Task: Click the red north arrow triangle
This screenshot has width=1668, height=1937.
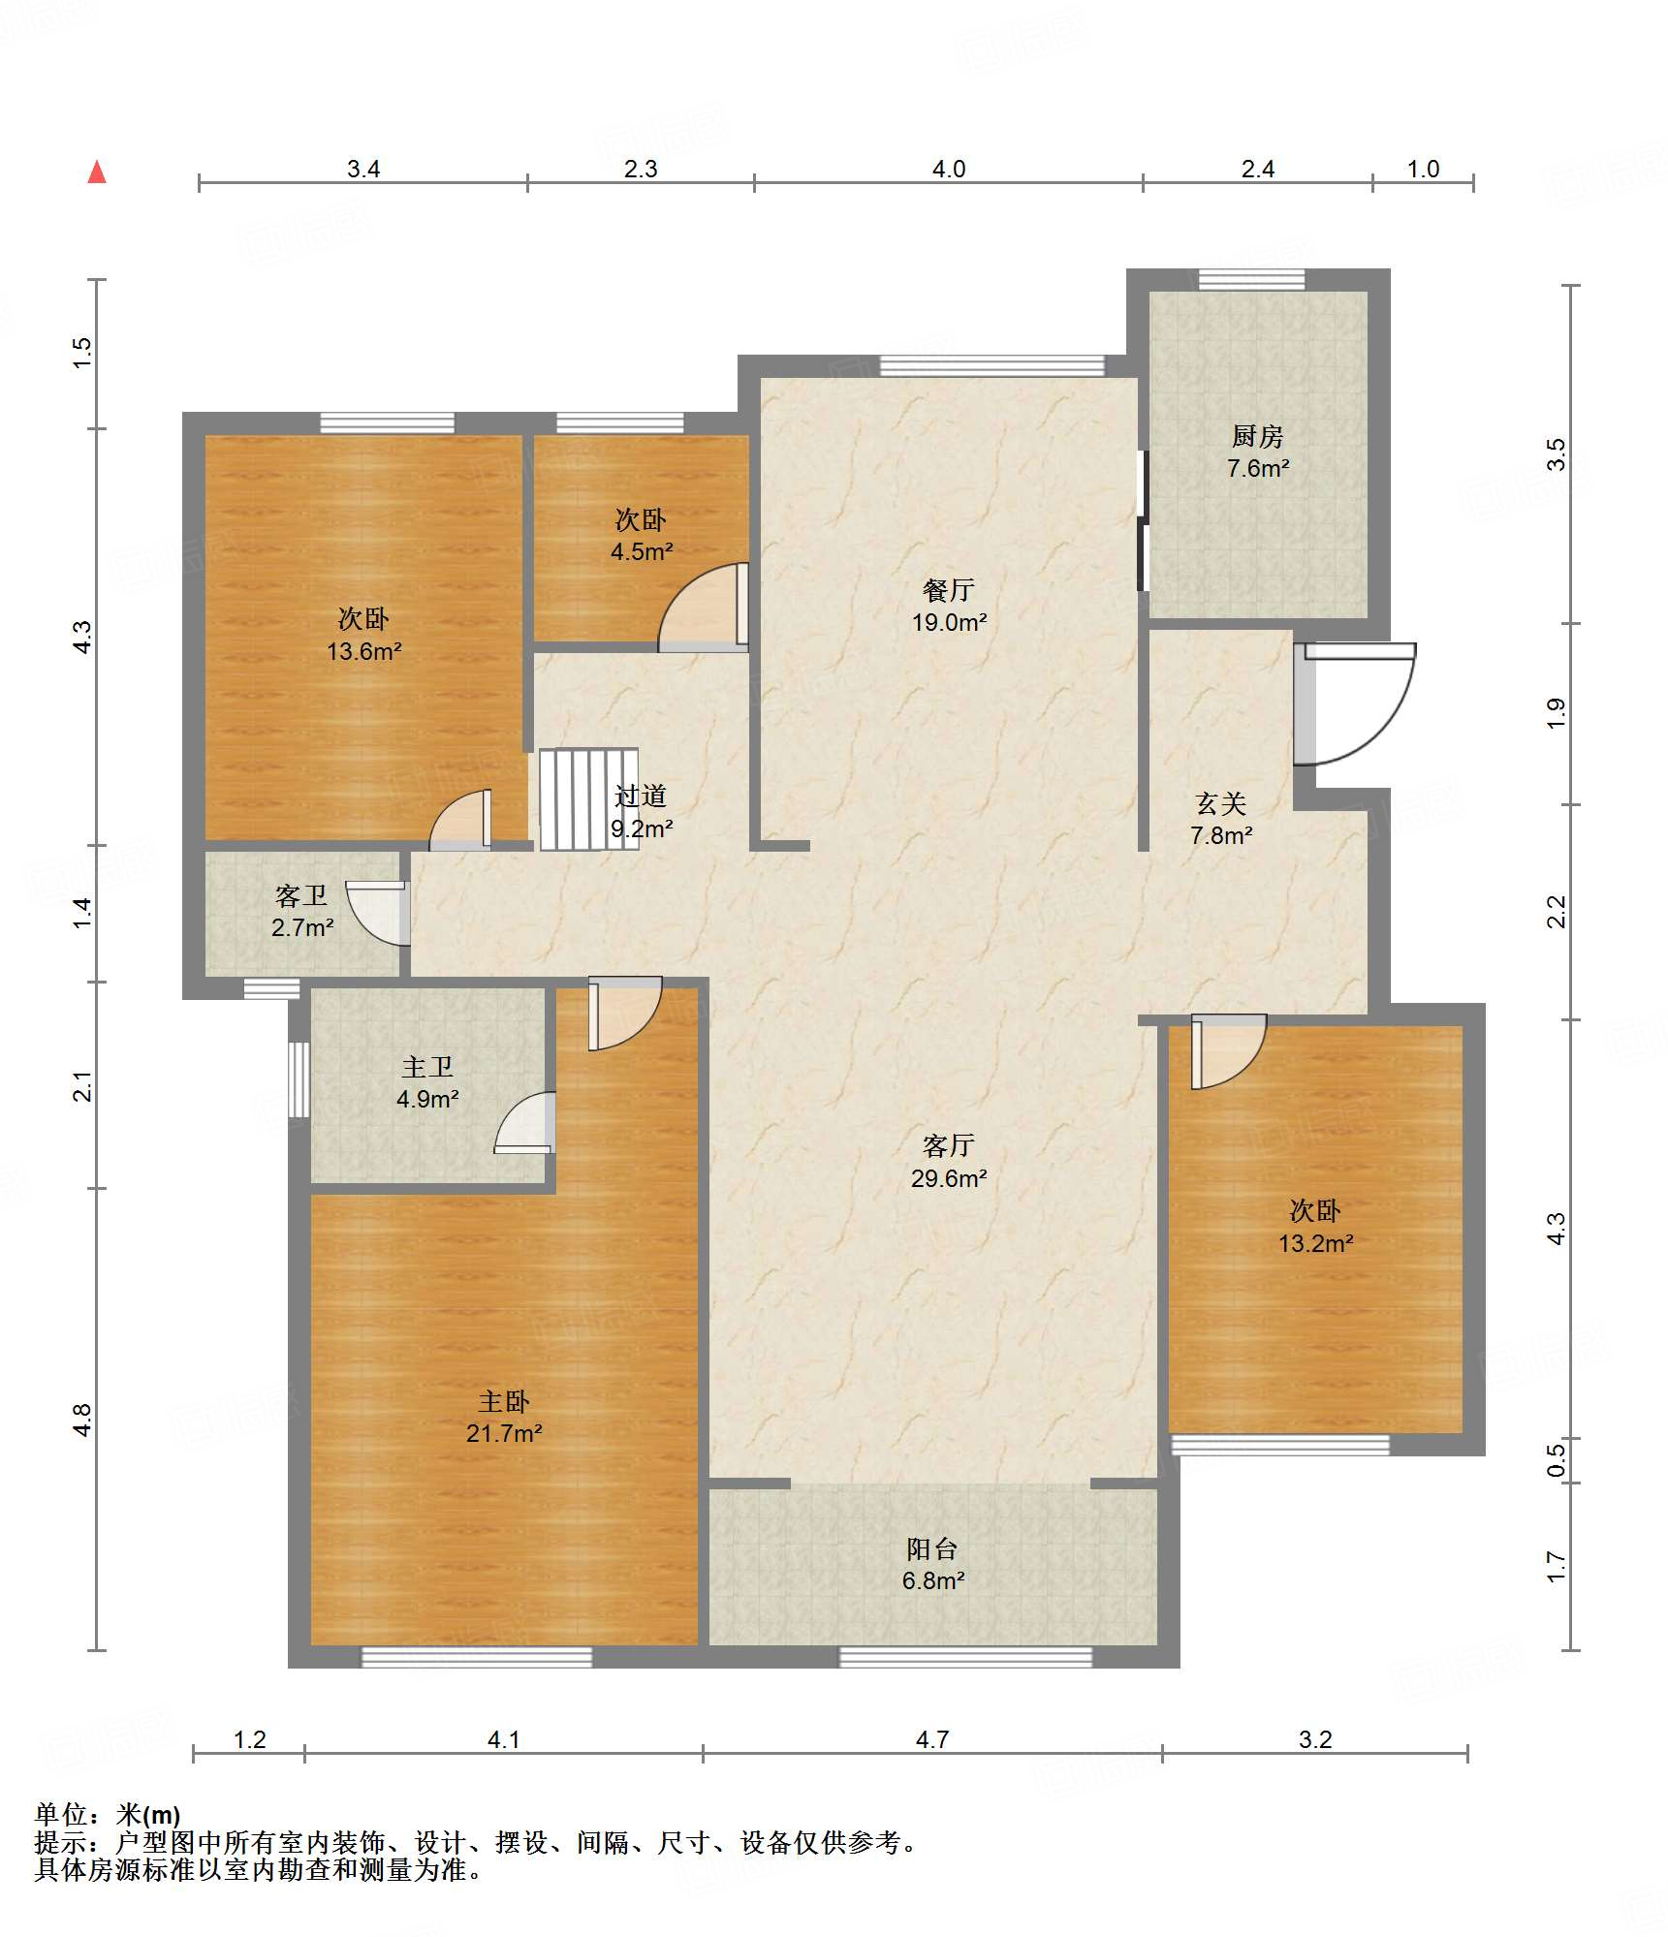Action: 97,172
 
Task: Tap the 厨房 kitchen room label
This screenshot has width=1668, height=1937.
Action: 1257,436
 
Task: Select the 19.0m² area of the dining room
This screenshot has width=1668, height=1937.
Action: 949,622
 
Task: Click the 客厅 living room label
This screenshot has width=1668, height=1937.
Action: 949,1146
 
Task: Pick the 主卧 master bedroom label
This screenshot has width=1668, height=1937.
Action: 504,1401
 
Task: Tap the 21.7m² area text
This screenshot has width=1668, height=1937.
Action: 504,1433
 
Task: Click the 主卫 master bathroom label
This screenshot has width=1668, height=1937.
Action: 427,1067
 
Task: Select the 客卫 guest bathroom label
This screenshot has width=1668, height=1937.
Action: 301,895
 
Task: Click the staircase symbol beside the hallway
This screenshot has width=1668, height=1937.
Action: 588,798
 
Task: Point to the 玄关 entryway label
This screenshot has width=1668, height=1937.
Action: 1220,803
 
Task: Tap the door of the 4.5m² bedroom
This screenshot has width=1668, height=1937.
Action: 704,607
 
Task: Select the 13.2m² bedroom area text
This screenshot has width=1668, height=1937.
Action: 1315,1243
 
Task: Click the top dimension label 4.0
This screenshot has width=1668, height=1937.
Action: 949,169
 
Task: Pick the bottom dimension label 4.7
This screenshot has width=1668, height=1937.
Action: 932,1739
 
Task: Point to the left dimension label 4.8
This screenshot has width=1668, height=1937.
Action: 82,1420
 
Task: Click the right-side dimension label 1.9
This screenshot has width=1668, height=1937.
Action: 1556,713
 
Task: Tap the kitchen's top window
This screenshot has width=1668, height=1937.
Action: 1251,279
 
